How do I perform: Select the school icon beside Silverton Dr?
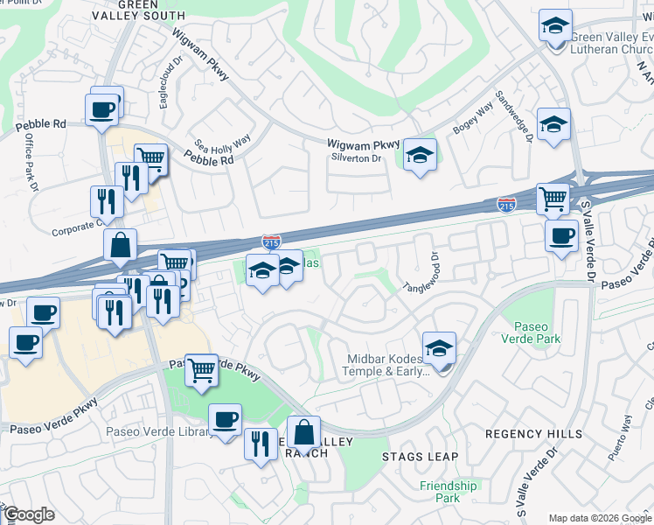coord(421,157)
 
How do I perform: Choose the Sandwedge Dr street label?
coord(513,115)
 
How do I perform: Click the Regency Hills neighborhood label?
coord(533,434)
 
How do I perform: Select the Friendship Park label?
coord(449,492)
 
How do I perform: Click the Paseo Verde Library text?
coord(157,431)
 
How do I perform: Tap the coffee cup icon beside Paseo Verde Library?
coord(225,421)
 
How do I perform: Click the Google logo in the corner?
coord(29,514)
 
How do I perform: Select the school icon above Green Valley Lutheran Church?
coord(554,26)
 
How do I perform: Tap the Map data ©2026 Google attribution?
coord(600,518)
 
